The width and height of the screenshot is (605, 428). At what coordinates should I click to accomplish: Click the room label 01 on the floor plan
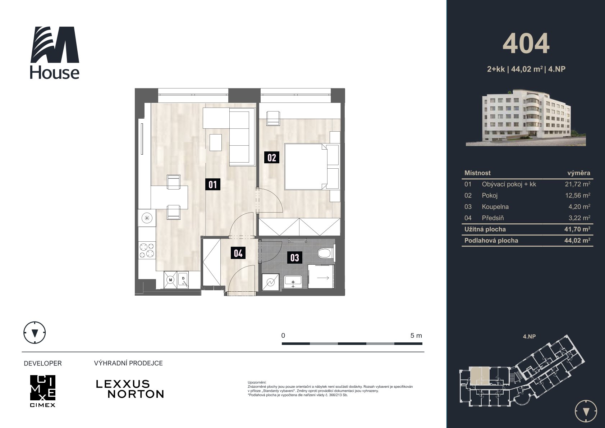[x=212, y=184]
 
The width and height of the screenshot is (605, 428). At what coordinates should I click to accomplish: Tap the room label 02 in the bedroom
[x=272, y=157]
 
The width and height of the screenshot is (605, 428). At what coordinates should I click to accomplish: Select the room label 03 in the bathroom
[x=294, y=258]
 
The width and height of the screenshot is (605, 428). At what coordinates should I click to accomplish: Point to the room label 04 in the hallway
[x=238, y=253]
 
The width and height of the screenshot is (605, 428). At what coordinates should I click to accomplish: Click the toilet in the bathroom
[x=325, y=254]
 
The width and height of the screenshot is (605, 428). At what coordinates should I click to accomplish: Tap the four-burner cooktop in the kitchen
[x=147, y=250]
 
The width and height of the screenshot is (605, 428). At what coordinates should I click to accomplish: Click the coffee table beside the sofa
[x=216, y=142]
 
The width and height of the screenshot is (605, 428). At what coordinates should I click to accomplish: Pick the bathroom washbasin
[x=293, y=282]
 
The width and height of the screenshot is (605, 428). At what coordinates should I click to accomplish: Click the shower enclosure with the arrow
[x=321, y=277]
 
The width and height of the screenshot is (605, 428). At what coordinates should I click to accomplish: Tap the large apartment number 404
[x=526, y=44]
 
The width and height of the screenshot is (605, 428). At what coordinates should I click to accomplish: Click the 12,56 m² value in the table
[x=577, y=195]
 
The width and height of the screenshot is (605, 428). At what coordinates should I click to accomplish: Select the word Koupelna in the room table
[x=495, y=207]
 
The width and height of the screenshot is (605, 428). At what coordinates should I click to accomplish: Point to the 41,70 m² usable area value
[x=577, y=229]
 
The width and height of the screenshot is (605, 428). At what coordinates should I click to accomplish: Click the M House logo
[x=55, y=53]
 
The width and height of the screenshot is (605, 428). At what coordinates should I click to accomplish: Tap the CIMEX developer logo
[x=43, y=391]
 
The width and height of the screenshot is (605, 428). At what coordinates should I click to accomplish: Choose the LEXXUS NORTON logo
[x=130, y=389]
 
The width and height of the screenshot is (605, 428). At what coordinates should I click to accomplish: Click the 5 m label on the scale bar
[x=416, y=336]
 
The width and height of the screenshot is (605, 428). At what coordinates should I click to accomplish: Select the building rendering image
[x=526, y=118]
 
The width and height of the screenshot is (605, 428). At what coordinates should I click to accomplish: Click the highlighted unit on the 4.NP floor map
[x=480, y=376]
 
